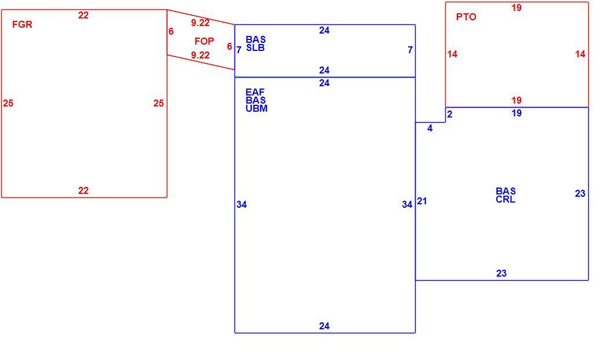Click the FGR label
click(22, 24)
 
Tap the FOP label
click(204, 41)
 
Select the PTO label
click(466, 17)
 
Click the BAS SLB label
click(255, 43)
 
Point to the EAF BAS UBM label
click(256, 100)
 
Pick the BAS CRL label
click(505, 195)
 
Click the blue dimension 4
click(430, 128)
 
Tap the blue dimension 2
click(450, 114)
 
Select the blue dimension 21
click(422, 201)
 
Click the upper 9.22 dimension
click(200, 23)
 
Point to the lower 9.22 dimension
click(200, 56)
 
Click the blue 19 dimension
click(516, 113)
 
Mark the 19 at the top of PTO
click(516, 8)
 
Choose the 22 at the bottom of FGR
click(83, 190)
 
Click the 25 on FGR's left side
click(8, 103)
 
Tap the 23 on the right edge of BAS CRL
click(580, 193)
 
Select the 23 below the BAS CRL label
click(501, 273)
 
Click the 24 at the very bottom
click(324, 326)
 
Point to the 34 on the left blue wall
click(241, 204)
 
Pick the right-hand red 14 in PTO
click(580, 54)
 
